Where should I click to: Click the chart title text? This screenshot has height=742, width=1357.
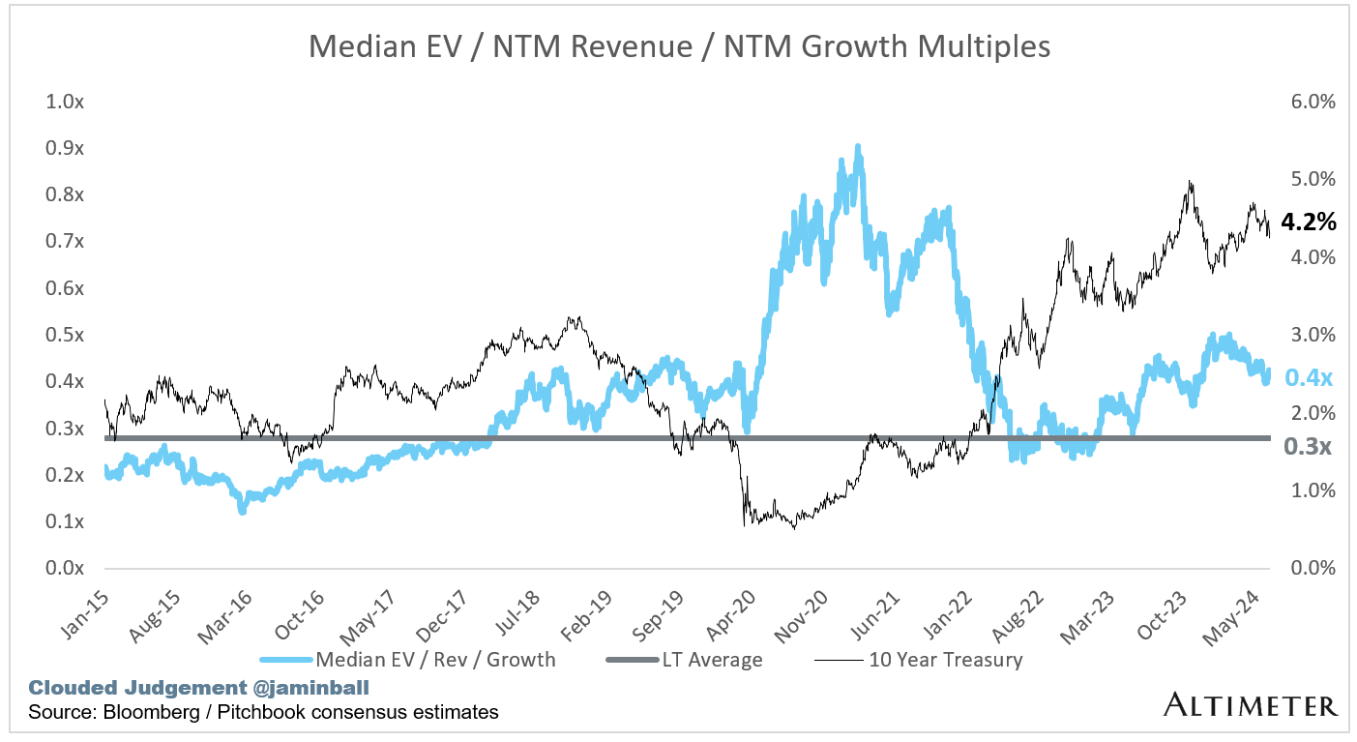(x=679, y=45)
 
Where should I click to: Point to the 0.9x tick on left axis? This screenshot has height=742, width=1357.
(x=65, y=148)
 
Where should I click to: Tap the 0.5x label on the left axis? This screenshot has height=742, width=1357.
(x=65, y=335)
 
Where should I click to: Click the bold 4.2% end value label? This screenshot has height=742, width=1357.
(x=1308, y=223)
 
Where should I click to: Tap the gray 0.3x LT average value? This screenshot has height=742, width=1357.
(x=1308, y=446)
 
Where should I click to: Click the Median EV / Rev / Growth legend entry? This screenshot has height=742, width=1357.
(x=434, y=661)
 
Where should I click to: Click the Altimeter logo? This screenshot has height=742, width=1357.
(x=1251, y=704)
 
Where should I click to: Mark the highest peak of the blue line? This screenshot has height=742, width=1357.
(x=858, y=147)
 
